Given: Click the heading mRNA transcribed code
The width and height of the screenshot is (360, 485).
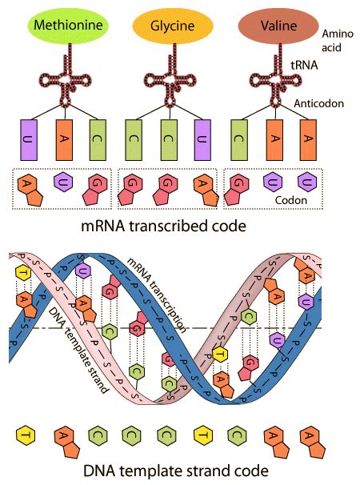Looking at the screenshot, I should [163, 226].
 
